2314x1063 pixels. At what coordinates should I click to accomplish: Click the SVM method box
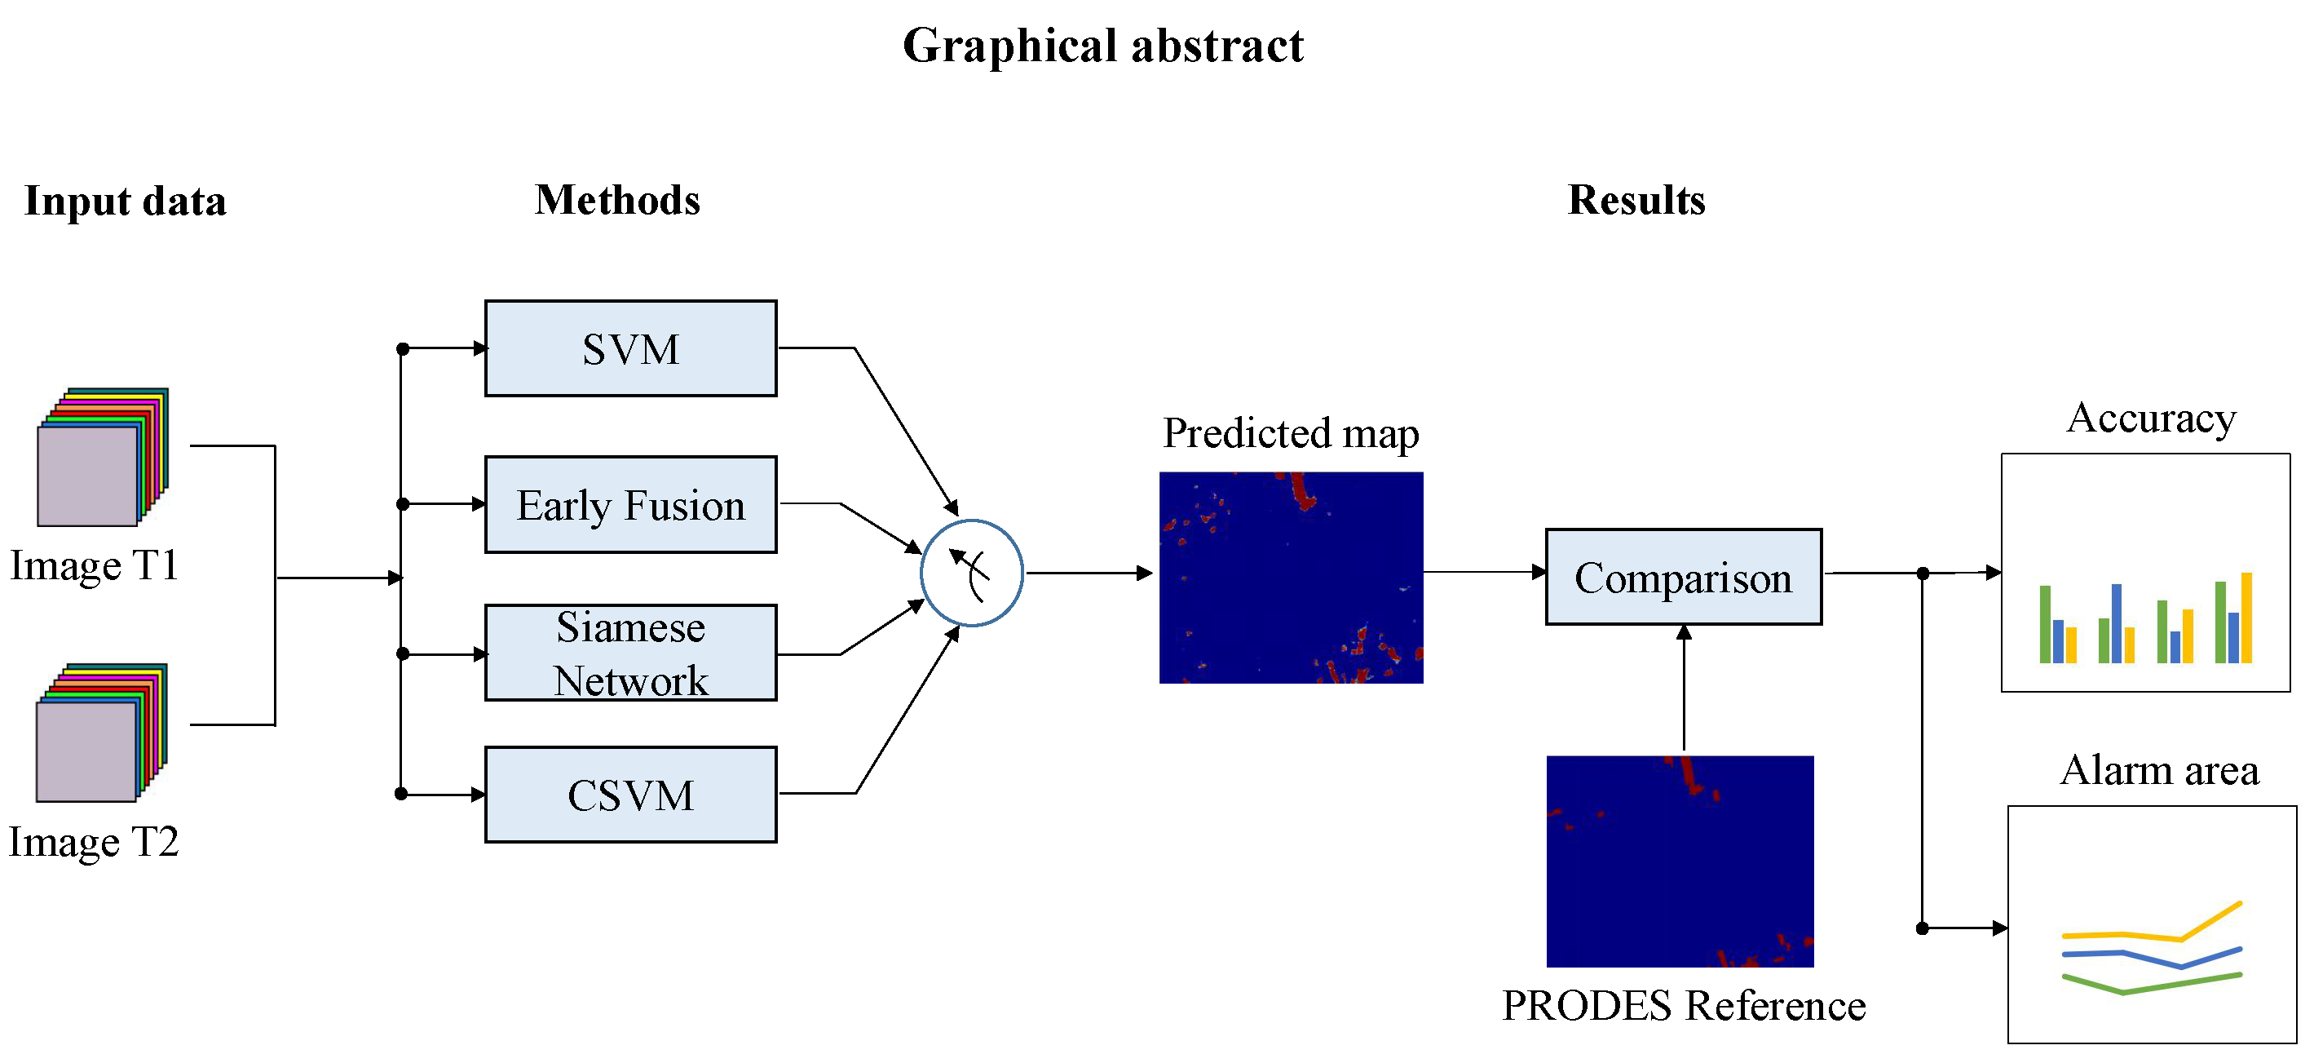[x=630, y=348]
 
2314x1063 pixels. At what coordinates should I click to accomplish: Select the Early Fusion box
[x=630, y=504]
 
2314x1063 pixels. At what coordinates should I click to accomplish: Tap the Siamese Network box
[x=630, y=653]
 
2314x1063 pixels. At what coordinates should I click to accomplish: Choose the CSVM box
[x=630, y=795]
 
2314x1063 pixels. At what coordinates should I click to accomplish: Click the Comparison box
[x=1684, y=577]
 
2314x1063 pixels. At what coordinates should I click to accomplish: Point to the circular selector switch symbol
[x=972, y=573]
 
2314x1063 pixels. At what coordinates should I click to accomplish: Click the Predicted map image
[x=1291, y=578]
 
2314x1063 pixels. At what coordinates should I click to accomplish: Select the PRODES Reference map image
[x=1680, y=861]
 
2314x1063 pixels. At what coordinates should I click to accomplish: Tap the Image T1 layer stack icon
[x=101, y=458]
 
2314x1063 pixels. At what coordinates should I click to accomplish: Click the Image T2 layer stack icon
[x=100, y=733]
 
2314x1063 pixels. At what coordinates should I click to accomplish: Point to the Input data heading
[x=125, y=201]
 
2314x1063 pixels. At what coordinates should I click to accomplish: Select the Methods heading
[x=617, y=200]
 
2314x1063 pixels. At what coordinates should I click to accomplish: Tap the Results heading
[x=1636, y=200]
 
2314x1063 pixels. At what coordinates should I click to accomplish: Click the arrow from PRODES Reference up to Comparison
[x=1684, y=688]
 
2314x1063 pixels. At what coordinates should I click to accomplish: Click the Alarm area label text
[x=2158, y=771]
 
